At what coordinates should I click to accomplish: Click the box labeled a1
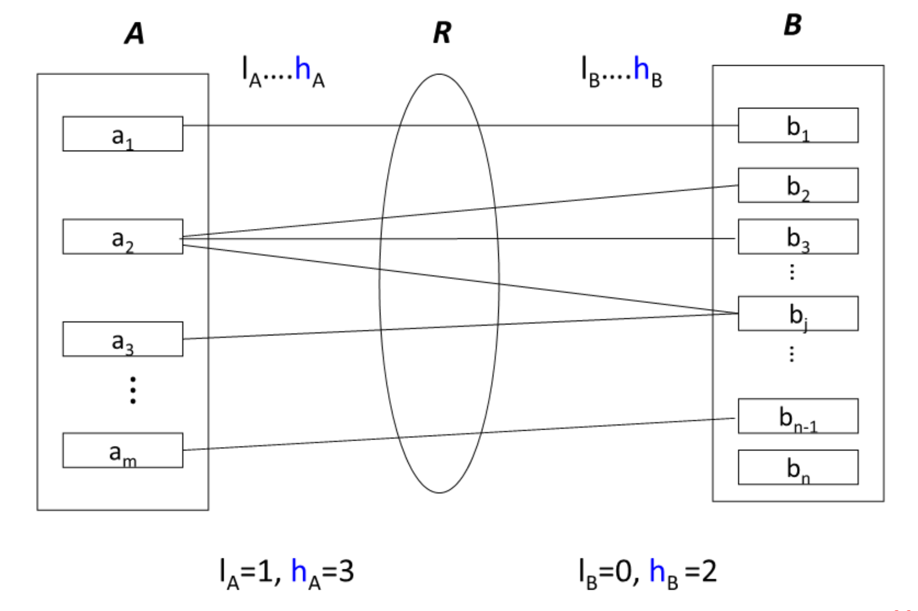[122, 134]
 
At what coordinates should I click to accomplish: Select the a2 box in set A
[122, 236]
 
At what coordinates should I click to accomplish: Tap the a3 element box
[122, 339]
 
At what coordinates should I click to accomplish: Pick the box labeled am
[122, 450]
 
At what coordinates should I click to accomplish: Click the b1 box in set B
[798, 125]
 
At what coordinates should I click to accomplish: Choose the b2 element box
[798, 185]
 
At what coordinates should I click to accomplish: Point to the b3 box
[798, 236]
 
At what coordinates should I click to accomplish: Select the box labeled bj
[798, 313]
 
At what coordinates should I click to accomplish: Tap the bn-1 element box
[798, 416]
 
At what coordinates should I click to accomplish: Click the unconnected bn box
[798, 467]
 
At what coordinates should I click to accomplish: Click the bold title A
[135, 34]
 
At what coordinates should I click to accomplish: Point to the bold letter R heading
[442, 33]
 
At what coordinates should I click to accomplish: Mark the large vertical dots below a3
[133, 390]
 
